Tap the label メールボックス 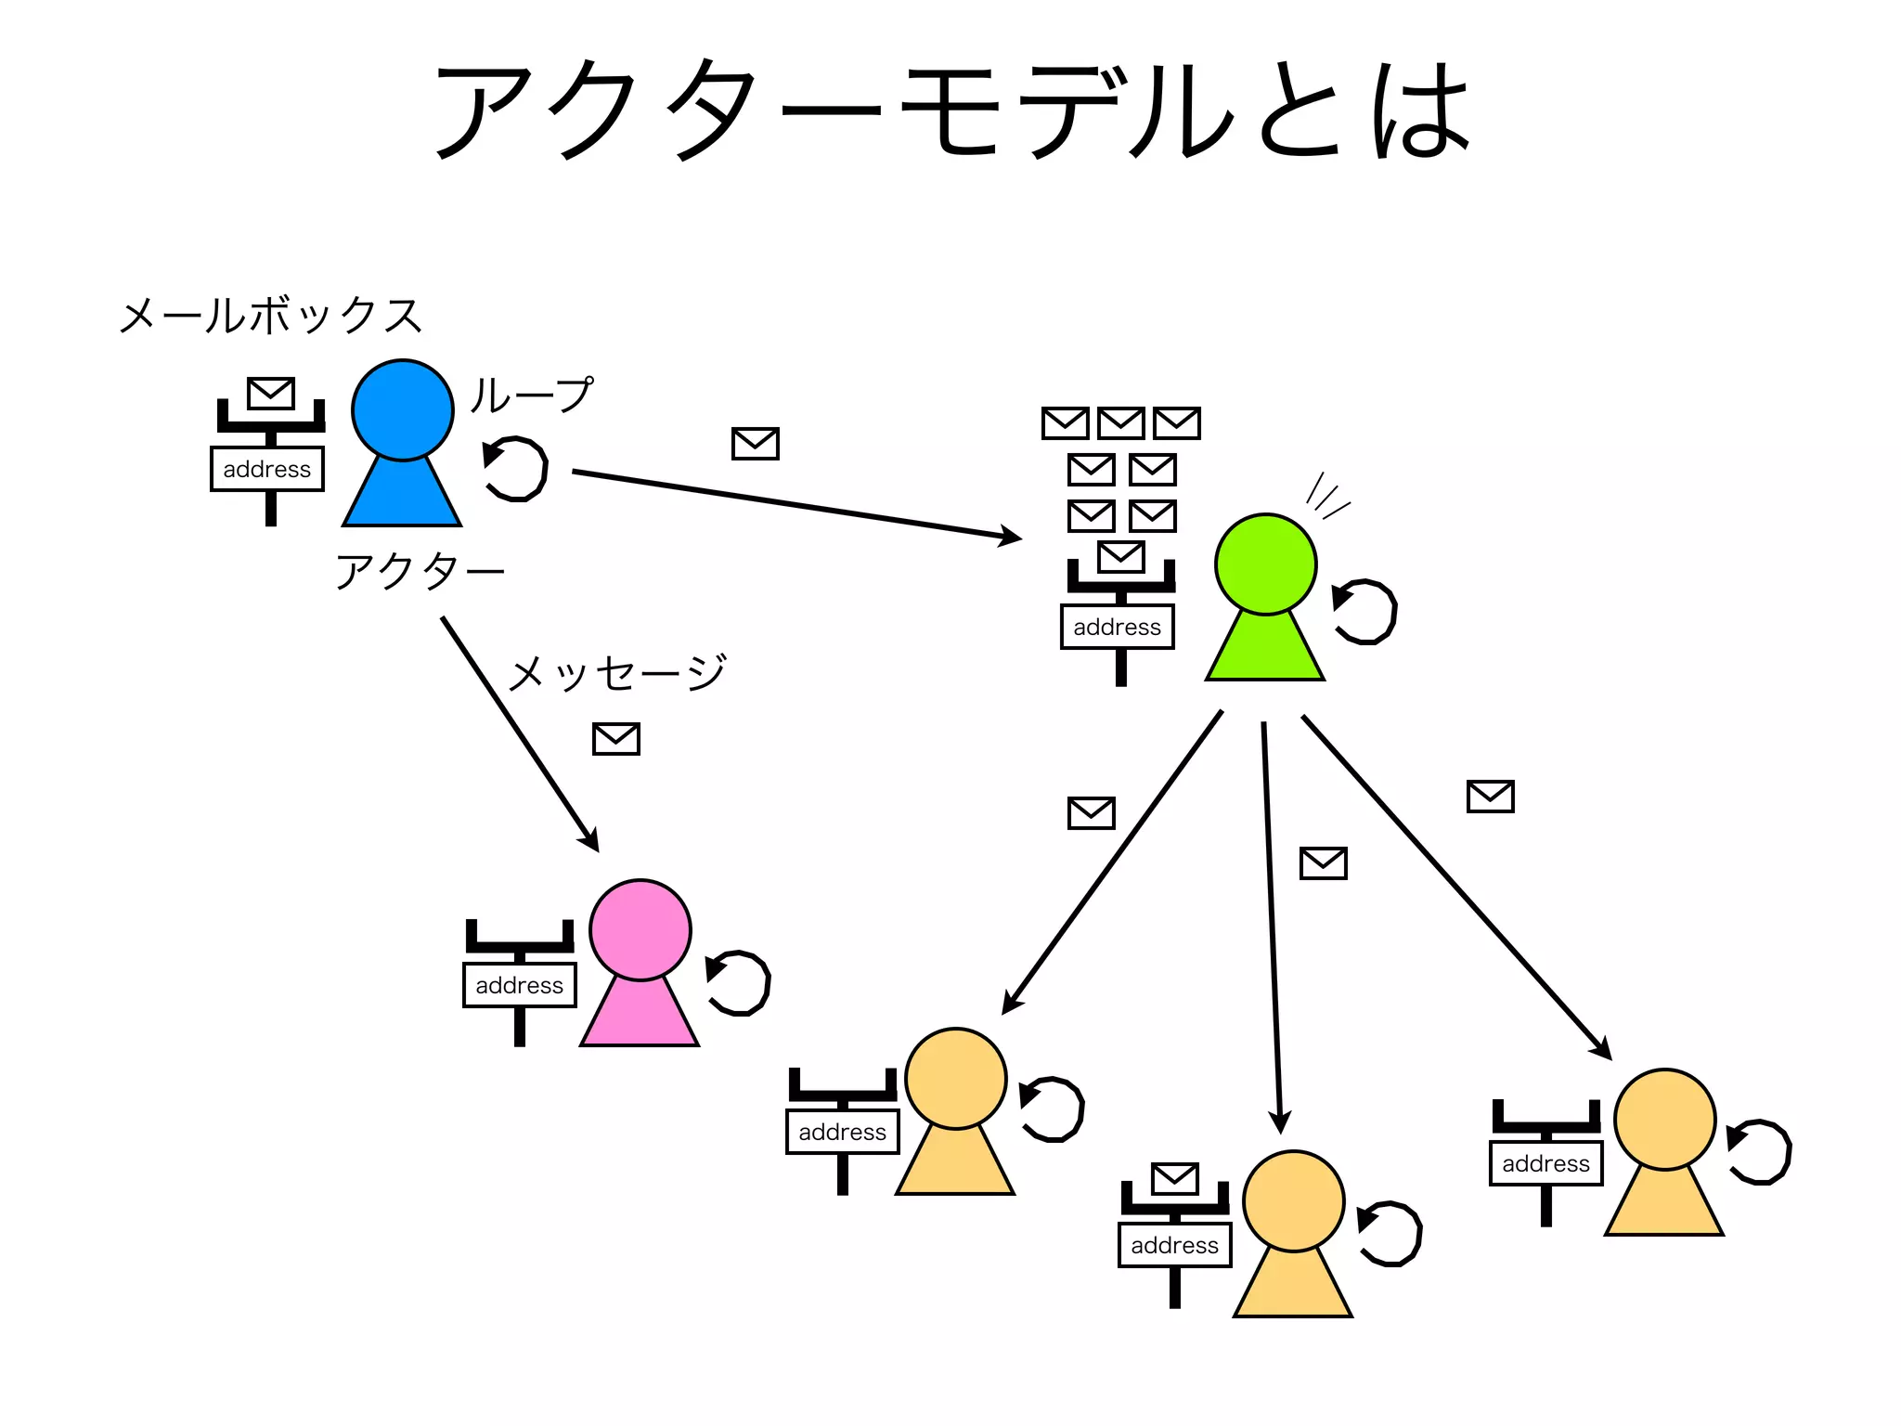coord(270,316)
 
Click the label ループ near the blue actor coord(530,395)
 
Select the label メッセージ coord(617,672)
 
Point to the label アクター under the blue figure coord(420,570)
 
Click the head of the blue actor coord(402,409)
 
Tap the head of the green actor coord(1265,564)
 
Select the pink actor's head coord(640,929)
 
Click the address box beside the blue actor coord(267,469)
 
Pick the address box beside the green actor coord(1117,627)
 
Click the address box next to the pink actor coord(519,985)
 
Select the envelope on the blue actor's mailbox coord(271,393)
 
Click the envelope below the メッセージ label coord(616,739)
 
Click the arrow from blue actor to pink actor coord(520,733)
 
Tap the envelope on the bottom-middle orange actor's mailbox coord(1175,1178)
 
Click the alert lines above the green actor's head coord(1326,496)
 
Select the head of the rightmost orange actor coord(1664,1119)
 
